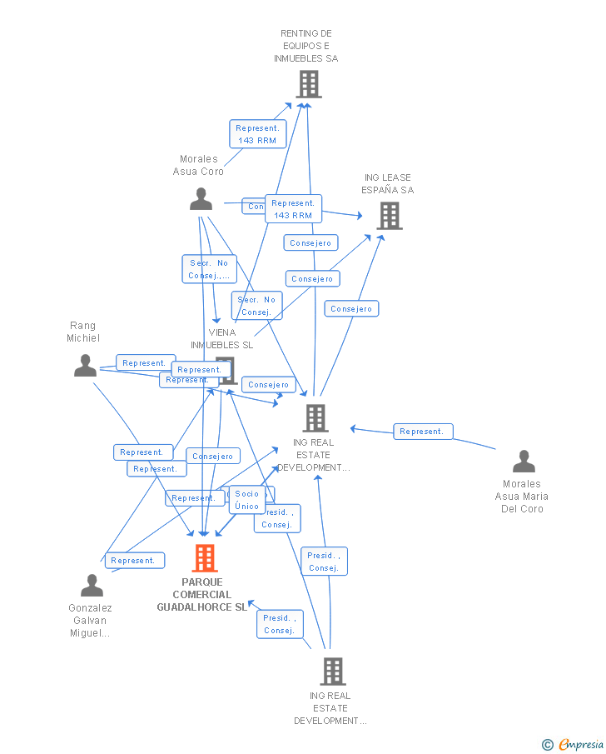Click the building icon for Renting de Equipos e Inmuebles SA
pyautogui.click(x=308, y=84)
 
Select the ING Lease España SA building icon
pyautogui.click(x=389, y=216)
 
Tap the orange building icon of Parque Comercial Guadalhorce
pyautogui.click(x=204, y=558)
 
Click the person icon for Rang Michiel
pyautogui.click(x=85, y=366)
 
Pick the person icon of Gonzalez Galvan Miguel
pyautogui.click(x=92, y=585)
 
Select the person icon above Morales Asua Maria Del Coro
pyautogui.click(x=524, y=461)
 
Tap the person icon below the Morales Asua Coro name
pyautogui.click(x=201, y=199)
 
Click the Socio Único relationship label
pyautogui.click(x=246, y=500)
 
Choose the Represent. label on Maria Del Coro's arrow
pyautogui.click(x=423, y=432)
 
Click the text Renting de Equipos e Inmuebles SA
pyautogui.click(x=306, y=46)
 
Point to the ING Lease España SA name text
pyautogui.click(x=387, y=184)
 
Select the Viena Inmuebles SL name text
pyautogui.click(x=221, y=338)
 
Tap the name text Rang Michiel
pyautogui.click(x=83, y=332)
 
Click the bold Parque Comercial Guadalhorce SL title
pyautogui.click(x=202, y=595)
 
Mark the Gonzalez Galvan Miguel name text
pyautogui.click(x=90, y=621)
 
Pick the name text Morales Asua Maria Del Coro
pyautogui.click(x=522, y=497)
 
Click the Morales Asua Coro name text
pyautogui.click(x=198, y=165)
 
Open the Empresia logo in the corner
pyautogui.click(x=580, y=745)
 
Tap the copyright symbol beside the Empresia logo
pyautogui.click(x=547, y=745)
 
